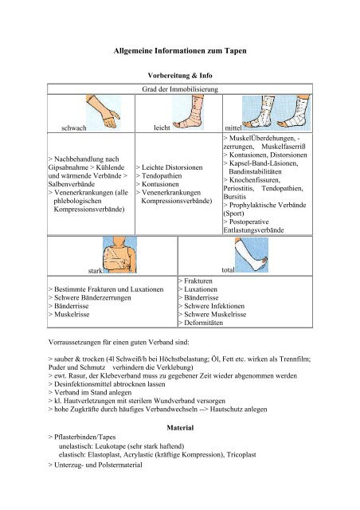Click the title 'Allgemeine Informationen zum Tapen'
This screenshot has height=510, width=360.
click(180, 51)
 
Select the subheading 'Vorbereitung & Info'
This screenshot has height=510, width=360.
click(180, 76)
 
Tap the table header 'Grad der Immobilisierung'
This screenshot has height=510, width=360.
click(180, 89)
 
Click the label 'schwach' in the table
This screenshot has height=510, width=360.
click(74, 127)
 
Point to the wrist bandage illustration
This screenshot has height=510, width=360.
click(104, 112)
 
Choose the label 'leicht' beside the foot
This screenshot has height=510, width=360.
click(162, 127)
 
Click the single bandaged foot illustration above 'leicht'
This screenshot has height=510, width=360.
click(188, 112)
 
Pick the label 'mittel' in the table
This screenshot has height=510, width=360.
click(233, 127)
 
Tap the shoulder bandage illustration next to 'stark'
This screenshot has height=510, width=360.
click(120, 255)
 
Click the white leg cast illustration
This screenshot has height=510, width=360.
click(252, 255)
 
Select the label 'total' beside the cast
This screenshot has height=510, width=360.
click(228, 270)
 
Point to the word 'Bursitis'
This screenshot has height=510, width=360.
click(235, 197)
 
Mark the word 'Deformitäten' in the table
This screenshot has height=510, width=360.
click(204, 323)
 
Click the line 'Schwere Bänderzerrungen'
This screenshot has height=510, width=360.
click(92, 298)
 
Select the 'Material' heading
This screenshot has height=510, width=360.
click(180, 428)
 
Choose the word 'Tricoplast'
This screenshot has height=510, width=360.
click(241, 455)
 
